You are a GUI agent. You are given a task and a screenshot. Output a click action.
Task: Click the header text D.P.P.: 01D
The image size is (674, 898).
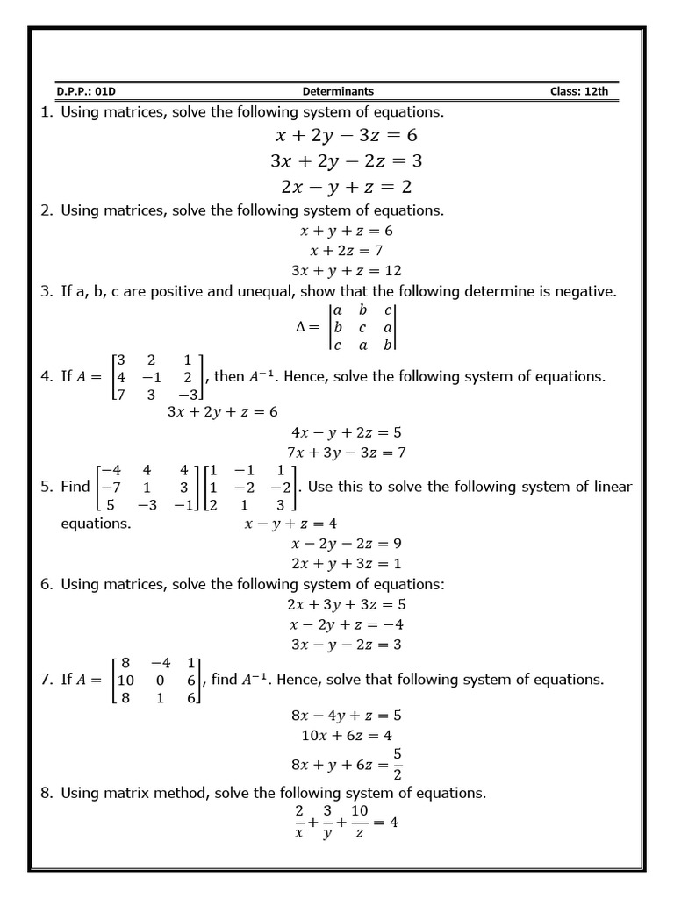click(x=85, y=91)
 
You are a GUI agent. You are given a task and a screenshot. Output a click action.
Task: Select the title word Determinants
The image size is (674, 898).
click(x=338, y=91)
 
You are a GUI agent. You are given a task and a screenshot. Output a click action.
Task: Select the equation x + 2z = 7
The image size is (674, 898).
click(x=346, y=251)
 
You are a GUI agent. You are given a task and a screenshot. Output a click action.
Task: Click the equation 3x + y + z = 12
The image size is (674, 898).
click(x=346, y=271)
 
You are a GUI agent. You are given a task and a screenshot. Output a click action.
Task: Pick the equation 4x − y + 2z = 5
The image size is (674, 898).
click(x=346, y=432)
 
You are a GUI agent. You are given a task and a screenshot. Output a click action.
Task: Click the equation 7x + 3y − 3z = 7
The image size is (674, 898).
click(x=346, y=453)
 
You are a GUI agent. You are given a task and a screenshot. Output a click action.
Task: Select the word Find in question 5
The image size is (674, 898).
click(x=75, y=487)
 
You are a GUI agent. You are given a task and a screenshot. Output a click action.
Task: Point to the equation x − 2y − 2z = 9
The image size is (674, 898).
click(x=346, y=544)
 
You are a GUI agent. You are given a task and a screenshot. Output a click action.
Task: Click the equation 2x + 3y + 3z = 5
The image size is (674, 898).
click(x=346, y=604)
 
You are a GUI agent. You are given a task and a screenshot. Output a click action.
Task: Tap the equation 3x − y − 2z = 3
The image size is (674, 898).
click(x=346, y=645)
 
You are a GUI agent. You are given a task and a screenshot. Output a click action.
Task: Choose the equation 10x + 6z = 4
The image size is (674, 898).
click(x=346, y=736)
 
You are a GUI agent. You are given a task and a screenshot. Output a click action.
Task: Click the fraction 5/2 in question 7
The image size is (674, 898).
click(x=398, y=764)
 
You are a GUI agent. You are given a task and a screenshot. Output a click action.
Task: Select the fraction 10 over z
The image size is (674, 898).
click(x=360, y=823)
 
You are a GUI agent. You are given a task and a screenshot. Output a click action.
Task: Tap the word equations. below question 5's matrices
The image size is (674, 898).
click(x=96, y=524)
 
